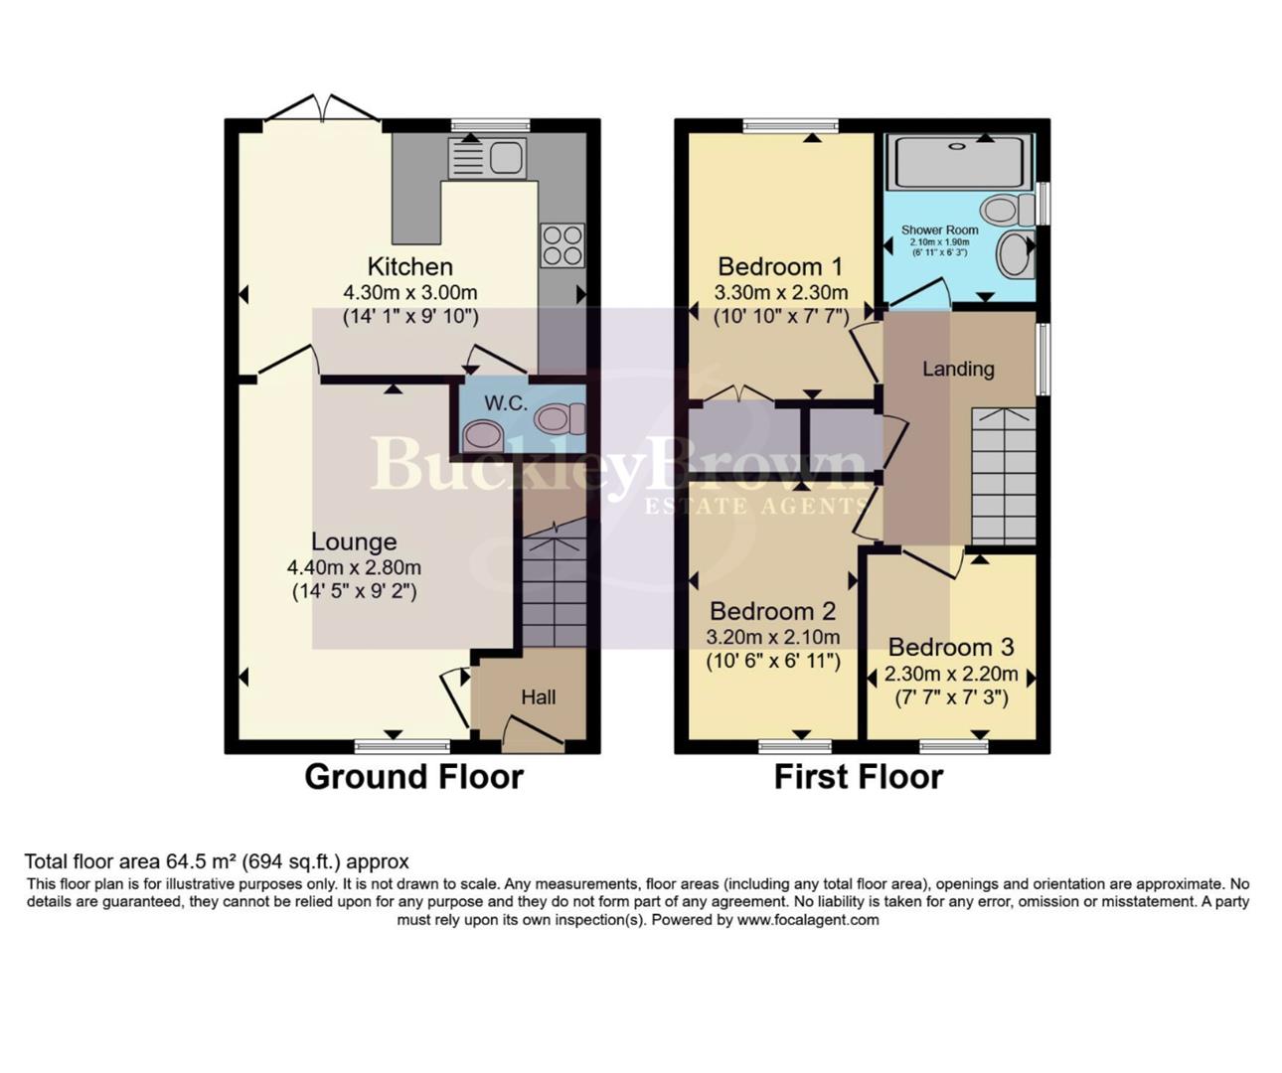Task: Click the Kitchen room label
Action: coord(409,266)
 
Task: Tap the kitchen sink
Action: coord(487,158)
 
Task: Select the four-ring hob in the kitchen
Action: coord(561,245)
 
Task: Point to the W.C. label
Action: coord(506,403)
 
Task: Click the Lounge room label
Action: coord(354,541)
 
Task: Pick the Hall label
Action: coord(539,697)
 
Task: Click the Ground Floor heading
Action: coord(413,776)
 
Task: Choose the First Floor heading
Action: coord(859,776)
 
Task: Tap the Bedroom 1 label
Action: coord(780,266)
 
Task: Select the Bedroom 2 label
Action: coord(773,611)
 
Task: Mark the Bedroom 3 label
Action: coord(951,647)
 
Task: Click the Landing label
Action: coord(958,369)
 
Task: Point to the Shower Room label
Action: coord(939,230)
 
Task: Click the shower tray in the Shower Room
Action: coord(959,161)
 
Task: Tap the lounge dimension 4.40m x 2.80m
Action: coord(354,568)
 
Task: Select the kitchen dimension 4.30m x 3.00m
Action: coord(410,293)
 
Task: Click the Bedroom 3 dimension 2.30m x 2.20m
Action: coord(951,674)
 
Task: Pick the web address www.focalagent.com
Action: coord(808,920)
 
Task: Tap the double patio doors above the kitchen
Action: coord(322,107)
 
